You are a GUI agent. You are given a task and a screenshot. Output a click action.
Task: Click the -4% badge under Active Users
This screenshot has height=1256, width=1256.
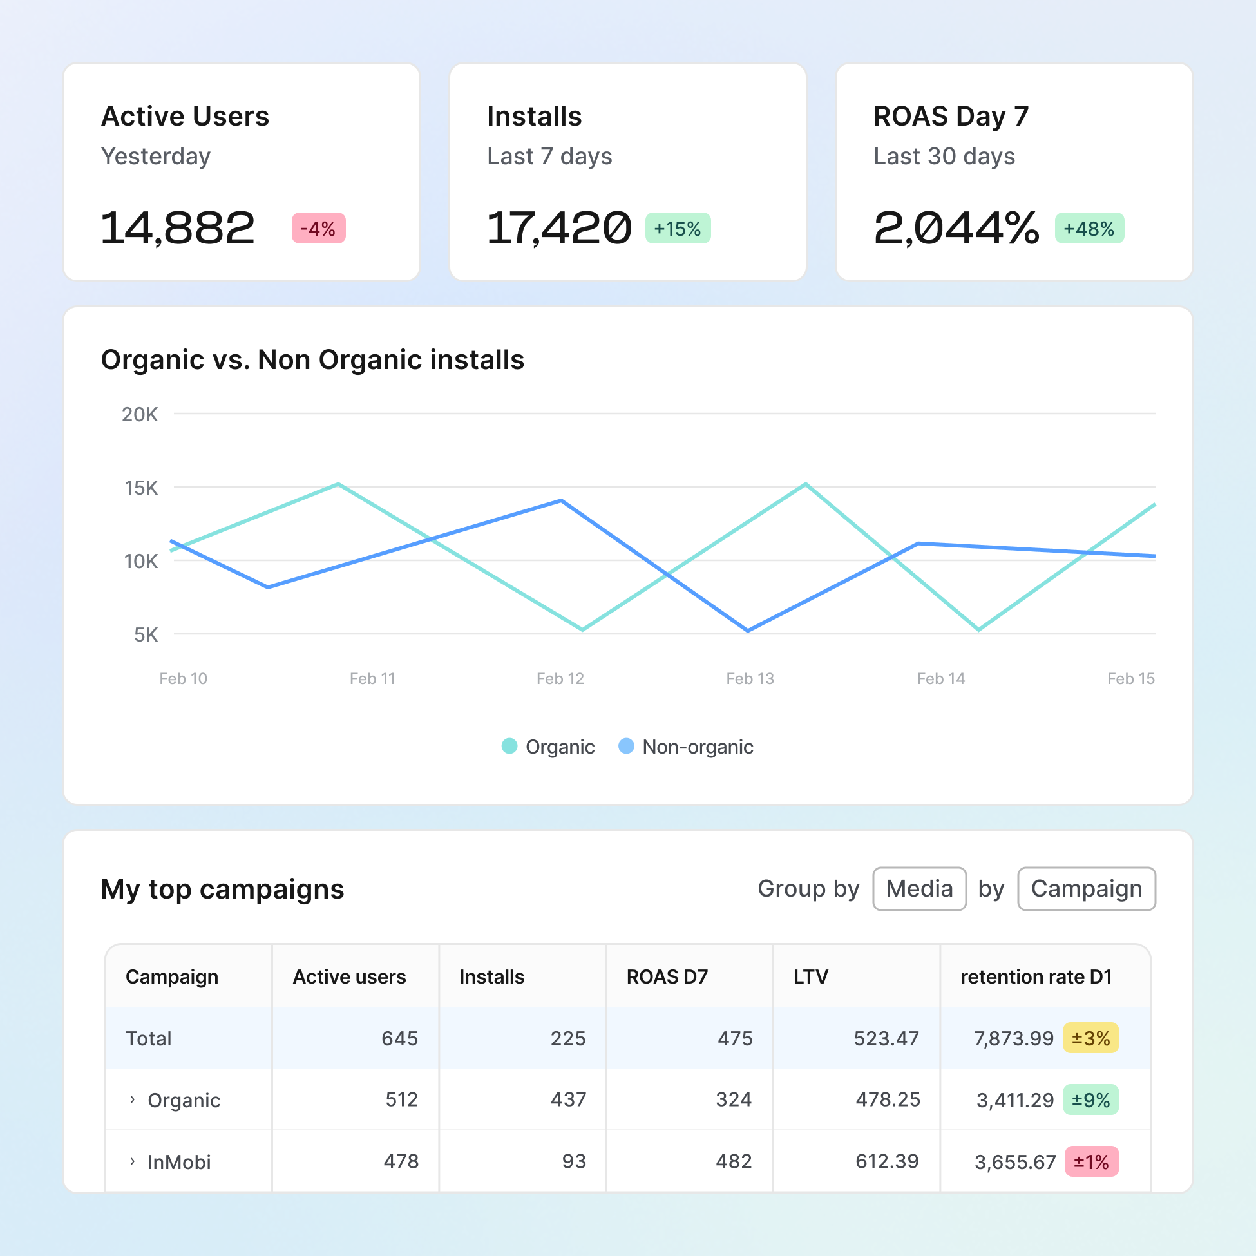click(x=319, y=228)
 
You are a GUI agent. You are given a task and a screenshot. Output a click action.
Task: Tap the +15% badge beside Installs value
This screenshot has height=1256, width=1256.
click(x=678, y=228)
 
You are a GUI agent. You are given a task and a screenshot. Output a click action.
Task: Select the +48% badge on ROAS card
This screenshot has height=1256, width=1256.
click(x=1089, y=228)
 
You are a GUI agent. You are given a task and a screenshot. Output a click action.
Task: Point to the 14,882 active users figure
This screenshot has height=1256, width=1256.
click(x=178, y=228)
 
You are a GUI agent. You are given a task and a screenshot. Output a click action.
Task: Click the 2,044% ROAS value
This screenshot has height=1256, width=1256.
click(x=956, y=228)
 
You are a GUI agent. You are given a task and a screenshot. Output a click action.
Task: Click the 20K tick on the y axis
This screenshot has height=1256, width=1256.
click(x=140, y=414)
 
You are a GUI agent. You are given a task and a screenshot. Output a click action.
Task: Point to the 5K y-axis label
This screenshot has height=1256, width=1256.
click(x=146, y=634)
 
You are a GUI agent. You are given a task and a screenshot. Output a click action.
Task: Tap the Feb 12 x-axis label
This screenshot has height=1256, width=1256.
click(x=560, y=679)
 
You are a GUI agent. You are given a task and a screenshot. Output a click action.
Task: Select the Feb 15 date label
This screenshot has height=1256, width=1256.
click(x=1130, y=679)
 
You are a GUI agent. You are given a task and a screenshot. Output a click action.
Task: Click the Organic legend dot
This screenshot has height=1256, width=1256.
click(x=509, y=747)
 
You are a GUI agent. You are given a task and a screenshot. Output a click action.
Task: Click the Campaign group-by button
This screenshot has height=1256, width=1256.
click(x=1087, y=889)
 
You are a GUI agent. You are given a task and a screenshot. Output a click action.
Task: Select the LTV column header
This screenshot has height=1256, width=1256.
click(x=811, y=976)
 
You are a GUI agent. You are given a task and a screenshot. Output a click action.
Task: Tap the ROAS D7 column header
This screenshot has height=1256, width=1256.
click(x=667, y=976)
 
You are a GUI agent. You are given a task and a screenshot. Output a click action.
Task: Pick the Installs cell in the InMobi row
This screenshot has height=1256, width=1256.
click(x=573, y=1161)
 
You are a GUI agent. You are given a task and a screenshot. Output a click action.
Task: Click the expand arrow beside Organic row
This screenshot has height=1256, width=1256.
click(x=133, y=1099)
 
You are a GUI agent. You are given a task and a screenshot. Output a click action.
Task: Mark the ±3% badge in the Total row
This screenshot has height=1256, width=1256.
click(x=1090, y=1038)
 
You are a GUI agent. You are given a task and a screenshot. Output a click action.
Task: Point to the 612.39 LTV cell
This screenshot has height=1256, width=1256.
click(x=887, y=1161)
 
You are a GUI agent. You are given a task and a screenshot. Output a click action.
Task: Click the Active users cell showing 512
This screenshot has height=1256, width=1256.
click(x=401, y=1099)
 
